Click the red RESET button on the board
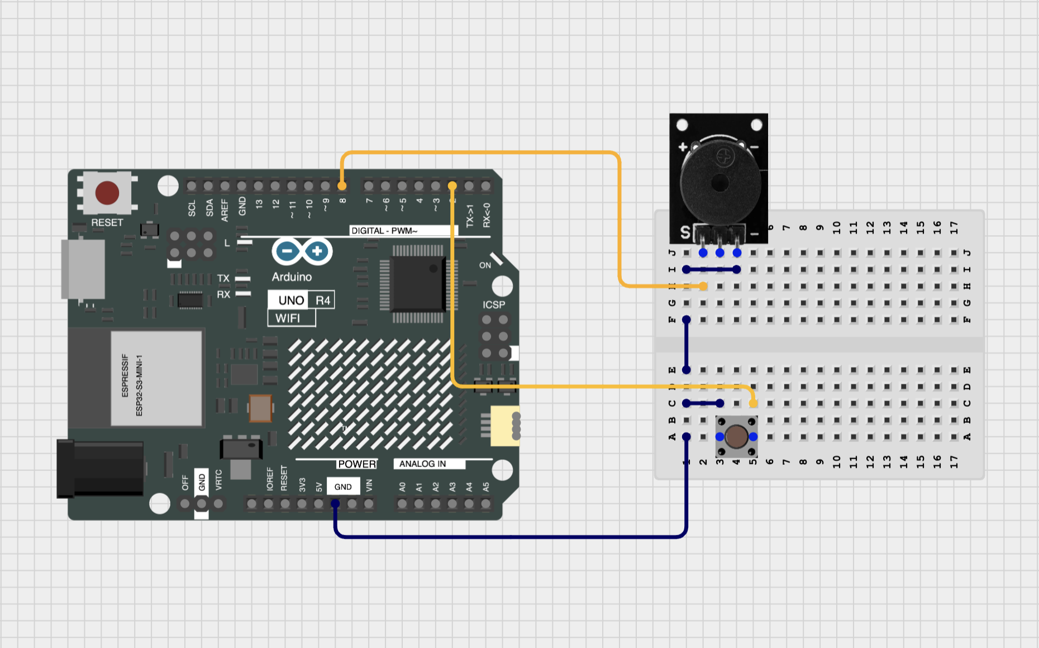click(107, 193)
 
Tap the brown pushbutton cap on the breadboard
click(736, 436)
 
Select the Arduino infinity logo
click(302, 251)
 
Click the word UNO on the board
click(291, 301)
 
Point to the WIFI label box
click(291, 318)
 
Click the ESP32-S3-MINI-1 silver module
click(156, 378)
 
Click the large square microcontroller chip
click(418, 284)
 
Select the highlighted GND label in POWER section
click(343, 487)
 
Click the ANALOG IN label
click(422, 464)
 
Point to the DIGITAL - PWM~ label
click(384, 231)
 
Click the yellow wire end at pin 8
click(342, 185)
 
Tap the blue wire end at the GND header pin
click(335, 504)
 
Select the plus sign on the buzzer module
click(683, 147)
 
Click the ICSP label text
click(494, 304)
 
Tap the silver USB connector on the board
click(83, 270)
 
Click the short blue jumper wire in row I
click(712, 269)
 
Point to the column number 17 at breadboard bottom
click(954, 461)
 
